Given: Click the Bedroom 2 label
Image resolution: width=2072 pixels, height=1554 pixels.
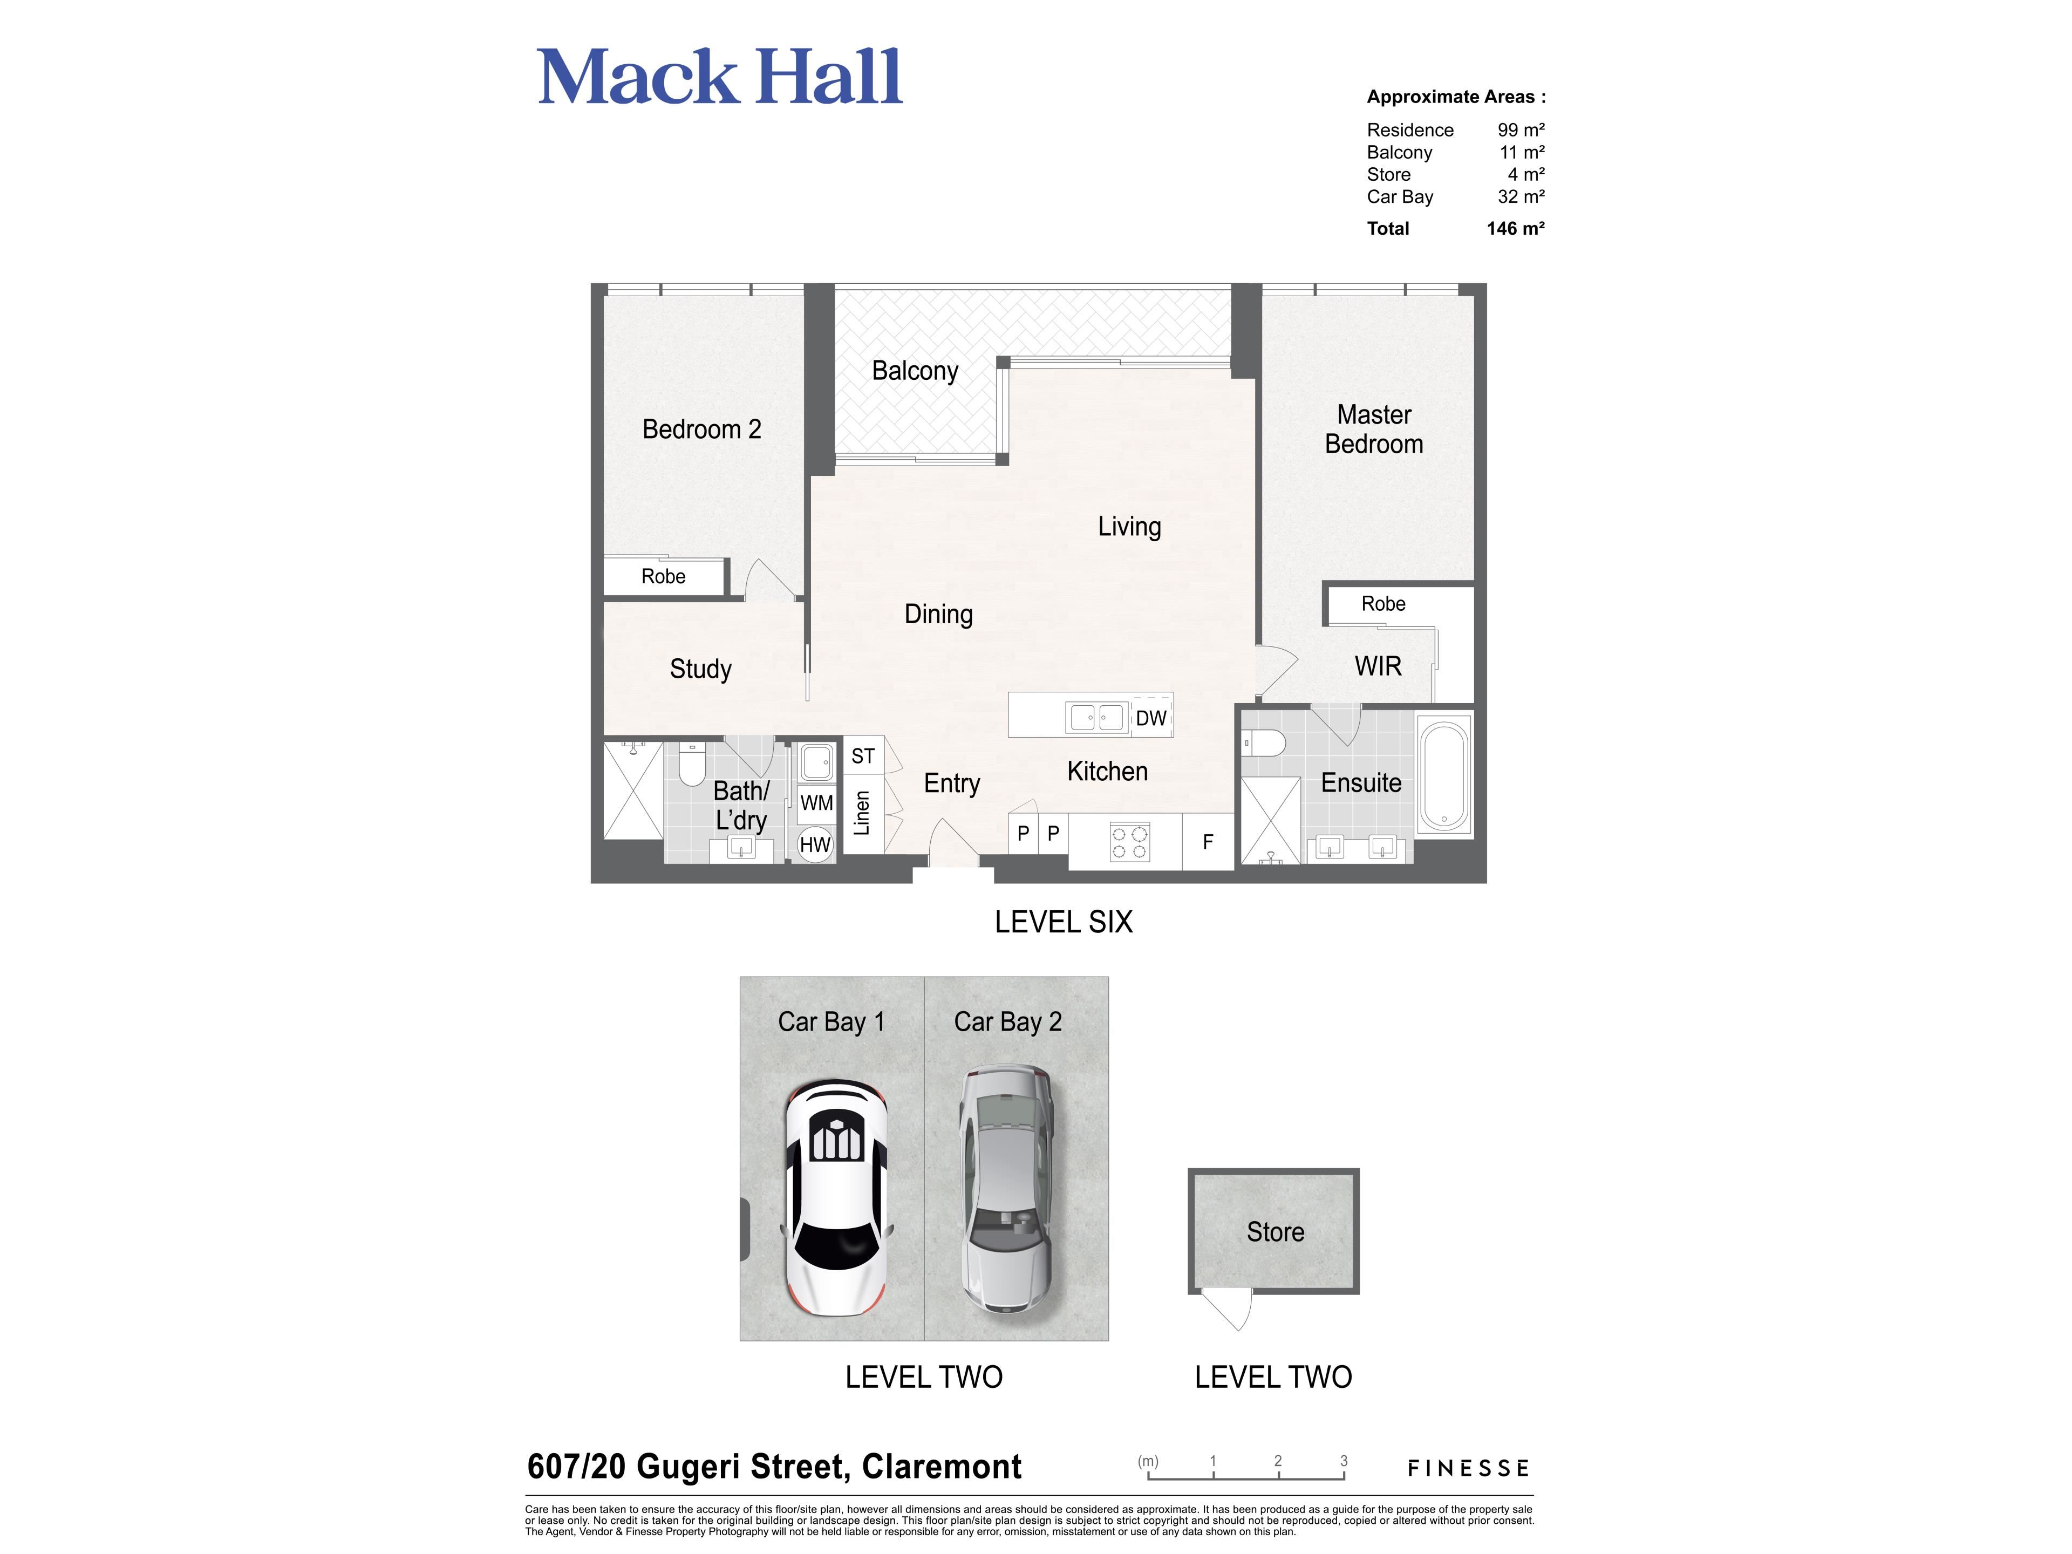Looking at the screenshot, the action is [701, 429].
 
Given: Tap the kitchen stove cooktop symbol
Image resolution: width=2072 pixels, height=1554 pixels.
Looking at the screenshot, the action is [1130, 841].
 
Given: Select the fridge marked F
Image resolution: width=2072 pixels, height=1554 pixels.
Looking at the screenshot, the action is [1208, 841].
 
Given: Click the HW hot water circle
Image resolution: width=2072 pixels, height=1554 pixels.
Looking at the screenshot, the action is [815, 844].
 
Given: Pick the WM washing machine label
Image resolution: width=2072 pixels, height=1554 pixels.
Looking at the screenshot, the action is [817, 803].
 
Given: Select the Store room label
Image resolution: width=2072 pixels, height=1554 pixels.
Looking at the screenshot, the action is [1275, 1232].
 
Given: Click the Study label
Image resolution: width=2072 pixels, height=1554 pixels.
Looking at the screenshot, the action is [701, 669].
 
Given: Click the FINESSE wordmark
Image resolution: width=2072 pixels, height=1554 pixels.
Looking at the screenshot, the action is [1468, 1468].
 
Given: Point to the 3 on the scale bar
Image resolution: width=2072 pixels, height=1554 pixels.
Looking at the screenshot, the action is [1343, 1460].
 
